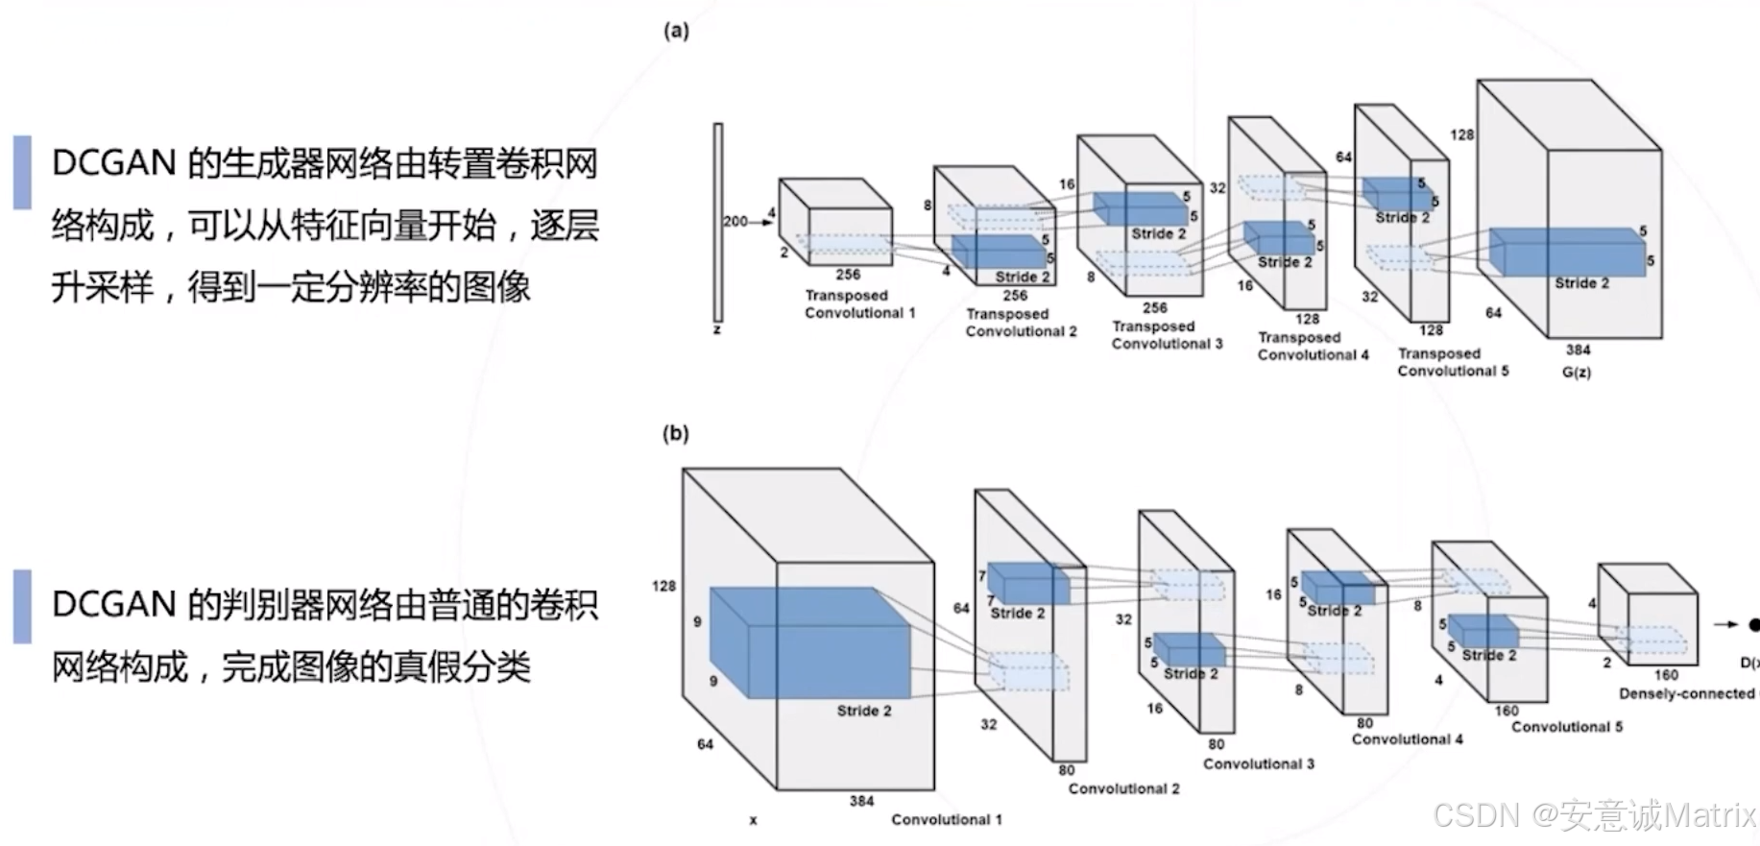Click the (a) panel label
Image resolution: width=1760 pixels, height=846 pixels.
click(676, 31)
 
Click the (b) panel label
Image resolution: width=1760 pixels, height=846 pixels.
click(676, 433)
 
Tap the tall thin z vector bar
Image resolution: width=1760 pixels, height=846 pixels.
click(717, 222)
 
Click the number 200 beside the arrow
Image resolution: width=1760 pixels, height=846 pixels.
click(735, 221)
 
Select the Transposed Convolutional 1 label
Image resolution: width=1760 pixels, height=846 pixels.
click(859, 304)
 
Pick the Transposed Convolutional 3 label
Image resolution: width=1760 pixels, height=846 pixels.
click(1167, 335)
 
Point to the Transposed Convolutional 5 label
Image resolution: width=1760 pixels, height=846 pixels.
click(1452, 362)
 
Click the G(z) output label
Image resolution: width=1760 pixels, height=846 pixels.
click(1576, 372)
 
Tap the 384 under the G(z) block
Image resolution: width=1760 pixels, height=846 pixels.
click(1578, 350)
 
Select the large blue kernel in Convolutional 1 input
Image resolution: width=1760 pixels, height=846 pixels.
click(808, 641)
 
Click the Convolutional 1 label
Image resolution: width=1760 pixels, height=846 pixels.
click(946, 819)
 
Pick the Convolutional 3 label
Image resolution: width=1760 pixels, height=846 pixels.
click(1258, 763)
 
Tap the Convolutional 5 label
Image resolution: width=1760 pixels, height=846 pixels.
click(1566, 727)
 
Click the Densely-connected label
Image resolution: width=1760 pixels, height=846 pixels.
click(1686, 693)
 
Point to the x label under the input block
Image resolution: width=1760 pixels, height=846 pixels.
click(753, 820)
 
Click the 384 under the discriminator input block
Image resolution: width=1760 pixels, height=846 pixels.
click(861, 801)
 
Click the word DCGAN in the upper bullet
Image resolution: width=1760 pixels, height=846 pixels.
click(113, 163)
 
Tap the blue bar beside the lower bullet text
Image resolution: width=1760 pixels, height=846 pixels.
click(22, 606)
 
